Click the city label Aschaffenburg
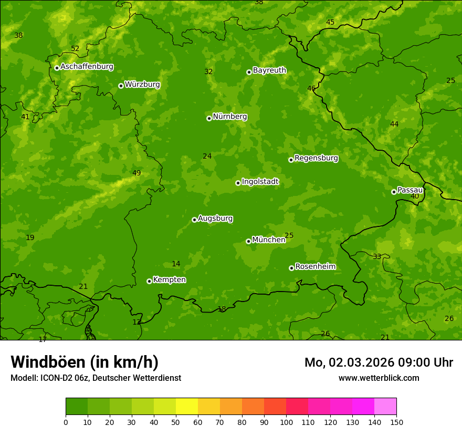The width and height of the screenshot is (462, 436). point(87,67)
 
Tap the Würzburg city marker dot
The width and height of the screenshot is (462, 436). point(121,86)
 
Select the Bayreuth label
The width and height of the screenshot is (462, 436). point(269,70)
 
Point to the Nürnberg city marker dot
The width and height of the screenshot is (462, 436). point(209,118)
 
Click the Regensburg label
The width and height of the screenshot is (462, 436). point(316,158)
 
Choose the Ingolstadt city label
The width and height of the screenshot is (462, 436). point(260,182)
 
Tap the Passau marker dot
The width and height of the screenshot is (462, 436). point(394,192)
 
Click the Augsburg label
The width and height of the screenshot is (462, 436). point(215,219)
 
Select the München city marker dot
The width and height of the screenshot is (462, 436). point(248,241)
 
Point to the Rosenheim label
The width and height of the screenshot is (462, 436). point(315,267)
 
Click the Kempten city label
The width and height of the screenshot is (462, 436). point(169,280)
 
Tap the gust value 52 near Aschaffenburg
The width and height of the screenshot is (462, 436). point(75,49)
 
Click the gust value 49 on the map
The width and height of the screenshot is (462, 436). point(136,173)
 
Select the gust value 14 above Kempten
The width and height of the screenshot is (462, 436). point(176,264)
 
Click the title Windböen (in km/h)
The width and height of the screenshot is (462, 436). point(85,362)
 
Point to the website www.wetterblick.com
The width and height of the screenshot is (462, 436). point(379,378)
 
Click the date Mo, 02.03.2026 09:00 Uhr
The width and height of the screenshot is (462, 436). point(379,362)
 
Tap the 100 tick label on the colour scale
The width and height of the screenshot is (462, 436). point(286,422)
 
